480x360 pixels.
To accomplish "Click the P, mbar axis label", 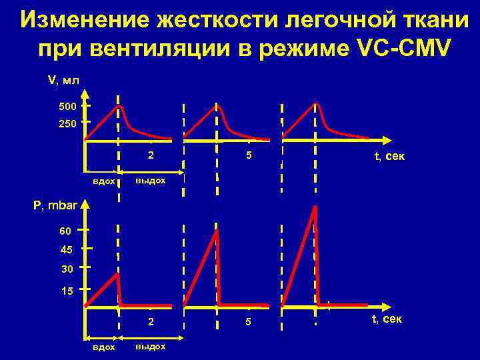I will tap(55, 207).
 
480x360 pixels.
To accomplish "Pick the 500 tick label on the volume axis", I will tap(68, 107).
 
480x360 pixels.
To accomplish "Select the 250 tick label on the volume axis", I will tap(68, 123).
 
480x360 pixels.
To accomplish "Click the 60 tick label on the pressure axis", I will tap(66, 231).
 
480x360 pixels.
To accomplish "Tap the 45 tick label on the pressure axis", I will tap(66, 250).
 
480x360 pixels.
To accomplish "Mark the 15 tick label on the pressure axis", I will tap(66, 291).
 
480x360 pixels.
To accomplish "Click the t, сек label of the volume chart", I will tap(389, 157).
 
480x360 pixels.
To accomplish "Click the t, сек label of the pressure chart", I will tap(387, 319).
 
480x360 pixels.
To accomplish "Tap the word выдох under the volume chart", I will tap(150, 181).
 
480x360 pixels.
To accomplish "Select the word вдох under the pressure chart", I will tap(103, 347).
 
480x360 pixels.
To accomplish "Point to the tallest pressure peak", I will tap(315, 206).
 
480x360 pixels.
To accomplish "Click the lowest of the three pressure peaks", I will tap(117, 274).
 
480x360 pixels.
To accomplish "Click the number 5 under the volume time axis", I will tap(248, 156).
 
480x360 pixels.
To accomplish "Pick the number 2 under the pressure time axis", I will tap(151, 322).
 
